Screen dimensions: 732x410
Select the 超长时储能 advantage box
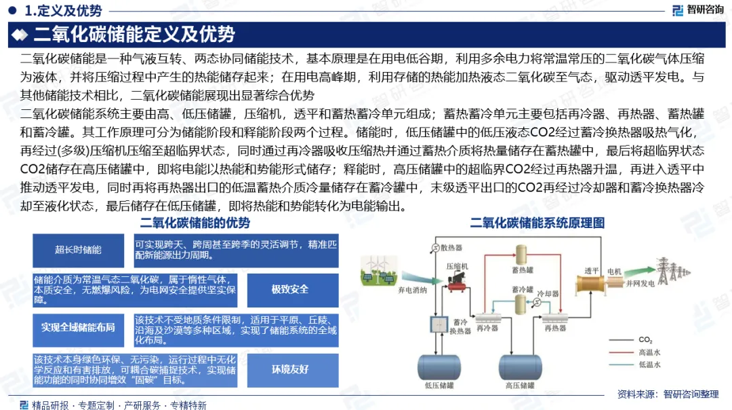[x=79, y=250]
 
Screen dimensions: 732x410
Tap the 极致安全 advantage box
[x=290, y=289]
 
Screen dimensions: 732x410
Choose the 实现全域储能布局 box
[x=79, y=327]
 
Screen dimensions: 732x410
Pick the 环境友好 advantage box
[x=290, y=369]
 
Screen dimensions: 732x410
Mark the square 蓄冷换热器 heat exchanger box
[x=438, y=325]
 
